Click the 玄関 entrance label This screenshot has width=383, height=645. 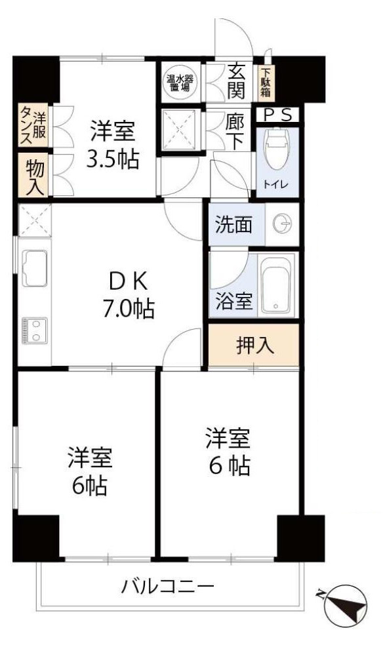(236, 81)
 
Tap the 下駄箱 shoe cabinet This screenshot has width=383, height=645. (268, 82)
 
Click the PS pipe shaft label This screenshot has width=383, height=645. (278, 115)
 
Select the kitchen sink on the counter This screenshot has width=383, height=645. (33, 269)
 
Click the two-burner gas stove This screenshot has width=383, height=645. (32, 330)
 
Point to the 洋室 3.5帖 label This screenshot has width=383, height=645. (113, 145)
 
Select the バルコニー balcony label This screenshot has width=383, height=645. (167, 585)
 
